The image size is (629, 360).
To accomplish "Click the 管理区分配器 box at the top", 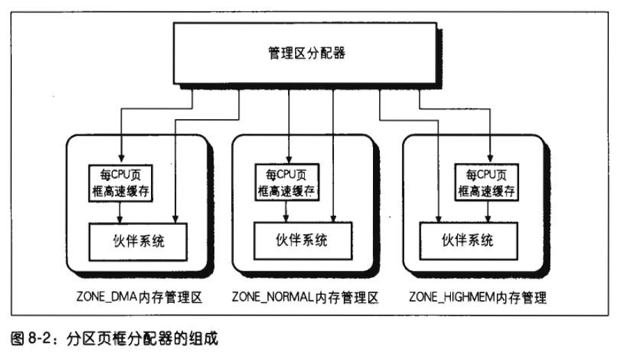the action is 305,54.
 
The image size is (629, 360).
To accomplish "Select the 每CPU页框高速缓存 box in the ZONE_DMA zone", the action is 120,183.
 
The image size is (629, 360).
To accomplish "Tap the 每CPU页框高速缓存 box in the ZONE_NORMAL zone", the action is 287,182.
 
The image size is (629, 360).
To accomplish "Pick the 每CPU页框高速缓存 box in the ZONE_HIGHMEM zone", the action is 486,182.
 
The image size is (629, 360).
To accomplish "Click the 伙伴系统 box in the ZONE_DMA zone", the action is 138,242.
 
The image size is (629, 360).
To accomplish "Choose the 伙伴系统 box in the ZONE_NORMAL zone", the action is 303,240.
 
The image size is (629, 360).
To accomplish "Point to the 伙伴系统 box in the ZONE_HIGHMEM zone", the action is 468,241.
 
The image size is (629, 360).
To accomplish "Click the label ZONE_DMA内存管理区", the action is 139,297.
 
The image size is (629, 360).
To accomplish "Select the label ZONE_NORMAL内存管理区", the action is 305,297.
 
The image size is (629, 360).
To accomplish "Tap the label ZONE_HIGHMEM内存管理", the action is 478,297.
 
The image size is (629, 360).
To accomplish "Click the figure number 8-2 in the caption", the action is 39,338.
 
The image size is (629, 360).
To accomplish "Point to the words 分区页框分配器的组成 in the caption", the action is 143,338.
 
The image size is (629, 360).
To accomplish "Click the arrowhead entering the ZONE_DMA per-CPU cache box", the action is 121,159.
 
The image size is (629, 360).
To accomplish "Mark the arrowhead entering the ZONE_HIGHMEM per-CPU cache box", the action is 490,159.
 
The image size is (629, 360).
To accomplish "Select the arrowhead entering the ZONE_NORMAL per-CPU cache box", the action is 289,159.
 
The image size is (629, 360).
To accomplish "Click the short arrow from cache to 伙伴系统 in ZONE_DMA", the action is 119,212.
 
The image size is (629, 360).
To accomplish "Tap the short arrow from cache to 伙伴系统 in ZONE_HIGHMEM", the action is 488,212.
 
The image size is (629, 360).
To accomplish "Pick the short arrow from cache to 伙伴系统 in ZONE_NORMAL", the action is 285,211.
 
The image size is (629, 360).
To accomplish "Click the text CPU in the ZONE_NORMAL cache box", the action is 286,175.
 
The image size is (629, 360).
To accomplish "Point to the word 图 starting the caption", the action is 17,338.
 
